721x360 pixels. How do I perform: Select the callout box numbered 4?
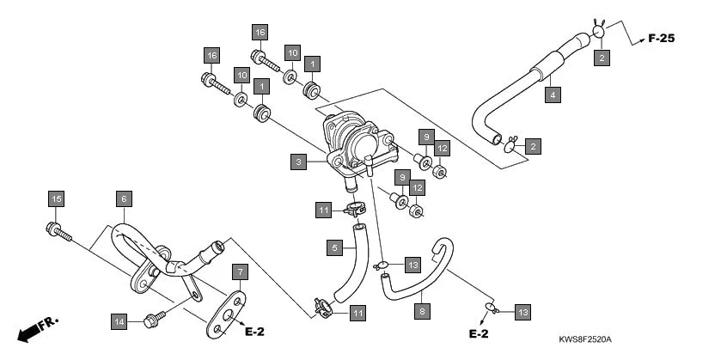[x=553, y=94]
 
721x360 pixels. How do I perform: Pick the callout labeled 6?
[x=124, y=198]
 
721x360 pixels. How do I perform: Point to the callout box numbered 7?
[x=240, y=272]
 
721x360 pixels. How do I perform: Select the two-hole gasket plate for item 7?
[x=225, y=315]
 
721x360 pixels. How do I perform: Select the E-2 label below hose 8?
[x=478, y=333]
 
